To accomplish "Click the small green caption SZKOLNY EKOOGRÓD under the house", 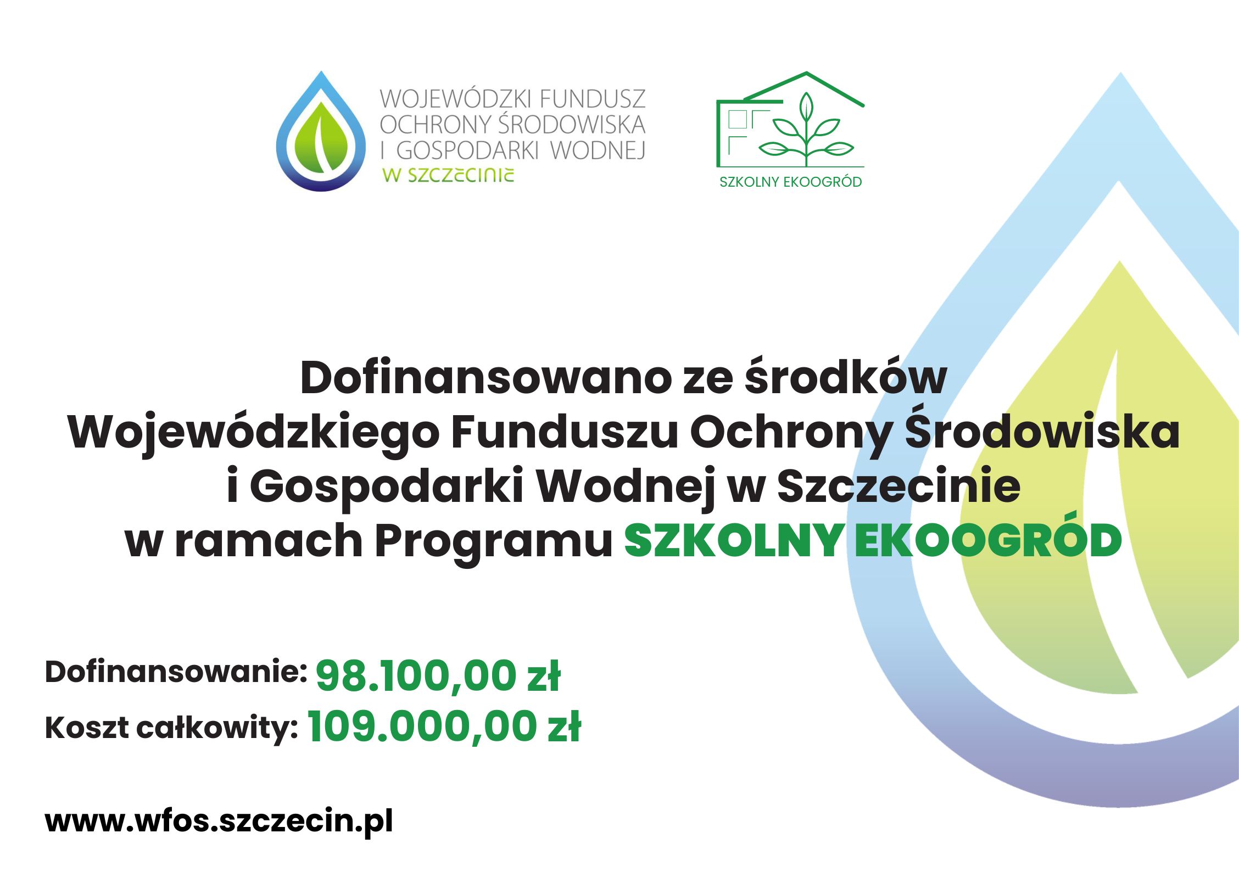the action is point(790,182).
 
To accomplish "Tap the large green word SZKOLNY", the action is point(734,541).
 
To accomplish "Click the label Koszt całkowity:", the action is point(171,728).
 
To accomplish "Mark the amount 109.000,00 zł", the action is point(444,726).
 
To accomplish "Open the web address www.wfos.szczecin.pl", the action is point(219,821).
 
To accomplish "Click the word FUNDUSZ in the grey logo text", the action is point(593,99).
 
